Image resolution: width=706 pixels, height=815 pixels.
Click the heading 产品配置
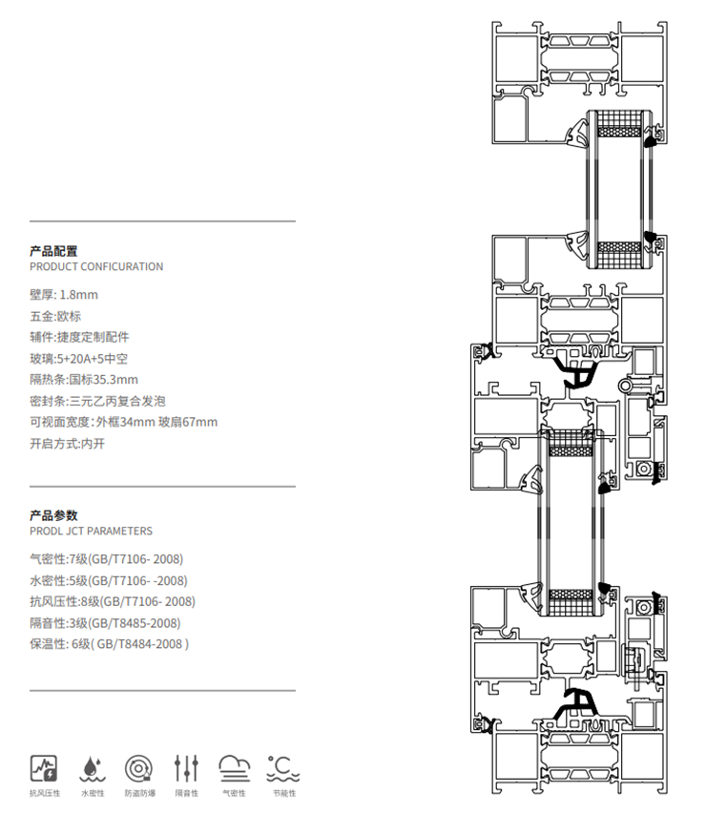click(53, 251)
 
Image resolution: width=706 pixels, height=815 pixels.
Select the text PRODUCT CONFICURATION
click(96, 266)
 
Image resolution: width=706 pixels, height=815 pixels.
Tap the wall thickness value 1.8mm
click(78, 295)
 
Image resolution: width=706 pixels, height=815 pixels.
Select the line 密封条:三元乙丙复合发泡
click(97, 401)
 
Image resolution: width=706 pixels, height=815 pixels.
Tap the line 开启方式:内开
click(67, 444)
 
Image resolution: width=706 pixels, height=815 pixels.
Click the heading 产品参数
click(53, 515)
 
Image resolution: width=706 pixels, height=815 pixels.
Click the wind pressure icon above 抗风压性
click(44, 768)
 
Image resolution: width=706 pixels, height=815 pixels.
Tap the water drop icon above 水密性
click(93, 769)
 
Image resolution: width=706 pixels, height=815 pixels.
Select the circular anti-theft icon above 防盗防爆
click(138, 768)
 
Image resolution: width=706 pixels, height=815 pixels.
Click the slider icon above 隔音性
click(186, 768)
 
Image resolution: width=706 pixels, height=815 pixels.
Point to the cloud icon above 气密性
click(235, 769)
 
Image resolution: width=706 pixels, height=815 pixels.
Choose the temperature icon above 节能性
click(283, 769)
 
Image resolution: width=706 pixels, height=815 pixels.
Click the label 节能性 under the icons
click(284, 793)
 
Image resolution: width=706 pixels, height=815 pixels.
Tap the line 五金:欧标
click(55, 316)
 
